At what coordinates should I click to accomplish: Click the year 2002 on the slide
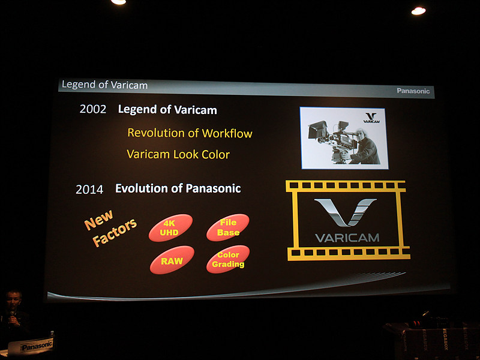click(x=93, y=109)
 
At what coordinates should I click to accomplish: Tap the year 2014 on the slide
click(x=89, y=190)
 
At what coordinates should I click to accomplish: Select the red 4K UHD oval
click(x=170, y=228)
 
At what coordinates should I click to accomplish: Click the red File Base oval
click(x=228, y=227)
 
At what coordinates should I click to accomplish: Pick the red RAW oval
click(x=172, y=260)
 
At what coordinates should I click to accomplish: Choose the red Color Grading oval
click(x=228, y=259)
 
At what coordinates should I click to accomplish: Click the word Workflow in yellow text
click(x=227, y=133)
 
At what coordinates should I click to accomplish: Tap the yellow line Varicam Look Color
click(x=178, y=154)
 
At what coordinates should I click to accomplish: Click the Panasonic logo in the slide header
click(x=413, y=91)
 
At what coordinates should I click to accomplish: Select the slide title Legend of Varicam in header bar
click(x=104, y=85)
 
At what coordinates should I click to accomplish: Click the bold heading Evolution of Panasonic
click(x=178, y=188)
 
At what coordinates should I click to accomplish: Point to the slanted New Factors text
click(x=110, y=228)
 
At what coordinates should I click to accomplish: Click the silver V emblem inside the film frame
click(x=346, y=212)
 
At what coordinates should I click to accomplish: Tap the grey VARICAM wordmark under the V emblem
click(x=347, y=238)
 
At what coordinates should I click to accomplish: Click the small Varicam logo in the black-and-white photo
click(x=371, y=118)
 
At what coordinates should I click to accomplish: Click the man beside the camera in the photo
click(x=366, y=147)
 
